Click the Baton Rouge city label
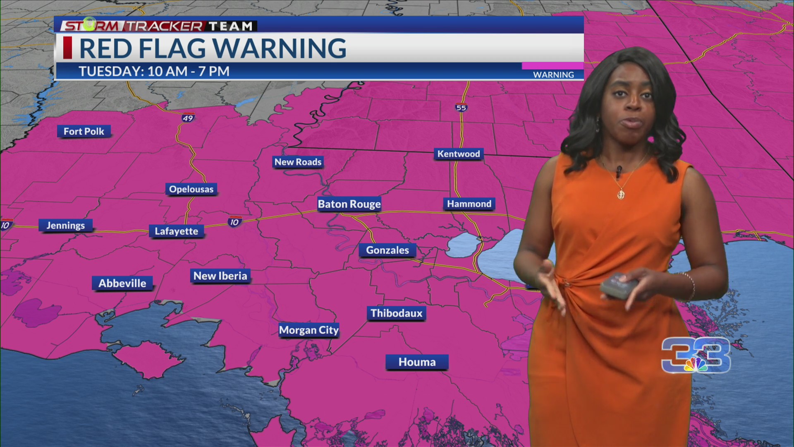point(349,204)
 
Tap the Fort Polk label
point(84,132)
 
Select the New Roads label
point(298,162)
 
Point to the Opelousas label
point(191,190)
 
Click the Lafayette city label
point(176,231)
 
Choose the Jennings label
point(65,226)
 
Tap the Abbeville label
point(122,284)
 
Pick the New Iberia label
point(220,276)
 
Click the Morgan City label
point(309,330)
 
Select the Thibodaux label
point(396,313)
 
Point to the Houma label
point(417,362)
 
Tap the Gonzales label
point(387,250)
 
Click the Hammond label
point(469,204)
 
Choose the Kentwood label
point(459,154)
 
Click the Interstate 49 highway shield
point(188,118)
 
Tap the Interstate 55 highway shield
point(461,108)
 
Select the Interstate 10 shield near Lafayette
point(234,222)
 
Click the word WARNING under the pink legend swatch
point(553,75)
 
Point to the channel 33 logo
point(696,355)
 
